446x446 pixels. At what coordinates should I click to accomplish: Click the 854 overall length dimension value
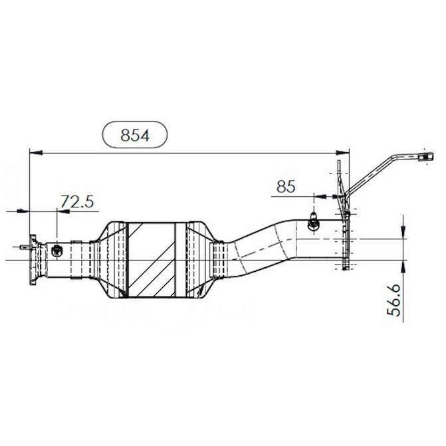(134, 136)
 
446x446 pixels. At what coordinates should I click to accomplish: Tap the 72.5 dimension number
(77, 201)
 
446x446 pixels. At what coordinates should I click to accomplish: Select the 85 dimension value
(286, 187)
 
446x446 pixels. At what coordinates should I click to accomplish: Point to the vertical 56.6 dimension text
(394, 300)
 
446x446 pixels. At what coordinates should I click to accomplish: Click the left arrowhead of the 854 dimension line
(36, 153)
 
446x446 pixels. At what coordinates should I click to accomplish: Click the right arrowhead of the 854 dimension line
(343, 153)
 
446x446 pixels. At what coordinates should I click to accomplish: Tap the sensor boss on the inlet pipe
(56, 251)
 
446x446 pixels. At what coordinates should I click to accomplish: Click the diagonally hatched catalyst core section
(152, 260)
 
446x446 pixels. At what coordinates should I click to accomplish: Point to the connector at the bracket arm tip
(426, 156)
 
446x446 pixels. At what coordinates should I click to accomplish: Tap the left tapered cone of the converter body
(114, 260)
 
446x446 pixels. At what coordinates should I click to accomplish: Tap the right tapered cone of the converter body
(199, 260)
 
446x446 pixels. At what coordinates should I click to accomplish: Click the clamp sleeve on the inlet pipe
(76, 260)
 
